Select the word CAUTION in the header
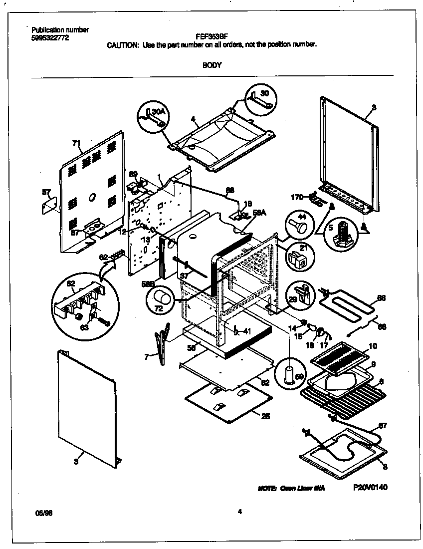click(x=123, y=45)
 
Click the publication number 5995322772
click(x=50, y=37)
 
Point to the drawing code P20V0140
click(x=370, y=487)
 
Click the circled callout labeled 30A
click(x=152, y=116)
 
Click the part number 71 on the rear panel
click(x=76, y=143)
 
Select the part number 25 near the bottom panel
click(x=265, y=416)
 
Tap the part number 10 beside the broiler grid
click(x=373, y=346)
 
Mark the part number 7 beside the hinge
click(x=146, y=356)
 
